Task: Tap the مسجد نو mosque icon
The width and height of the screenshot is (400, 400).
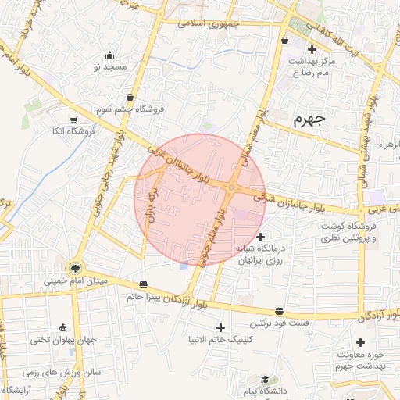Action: (x=109, y=55)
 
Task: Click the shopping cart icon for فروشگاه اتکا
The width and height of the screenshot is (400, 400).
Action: (x=73, y=120)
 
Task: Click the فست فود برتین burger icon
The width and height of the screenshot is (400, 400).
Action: (x=280, y=311)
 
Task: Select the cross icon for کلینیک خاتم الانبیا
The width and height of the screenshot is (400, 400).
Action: (x=220, y=327)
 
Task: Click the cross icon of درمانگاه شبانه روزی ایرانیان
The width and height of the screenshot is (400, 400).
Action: (x=260, y=236)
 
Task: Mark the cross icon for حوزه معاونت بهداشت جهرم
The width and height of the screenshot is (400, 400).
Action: (x=361, y=342)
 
